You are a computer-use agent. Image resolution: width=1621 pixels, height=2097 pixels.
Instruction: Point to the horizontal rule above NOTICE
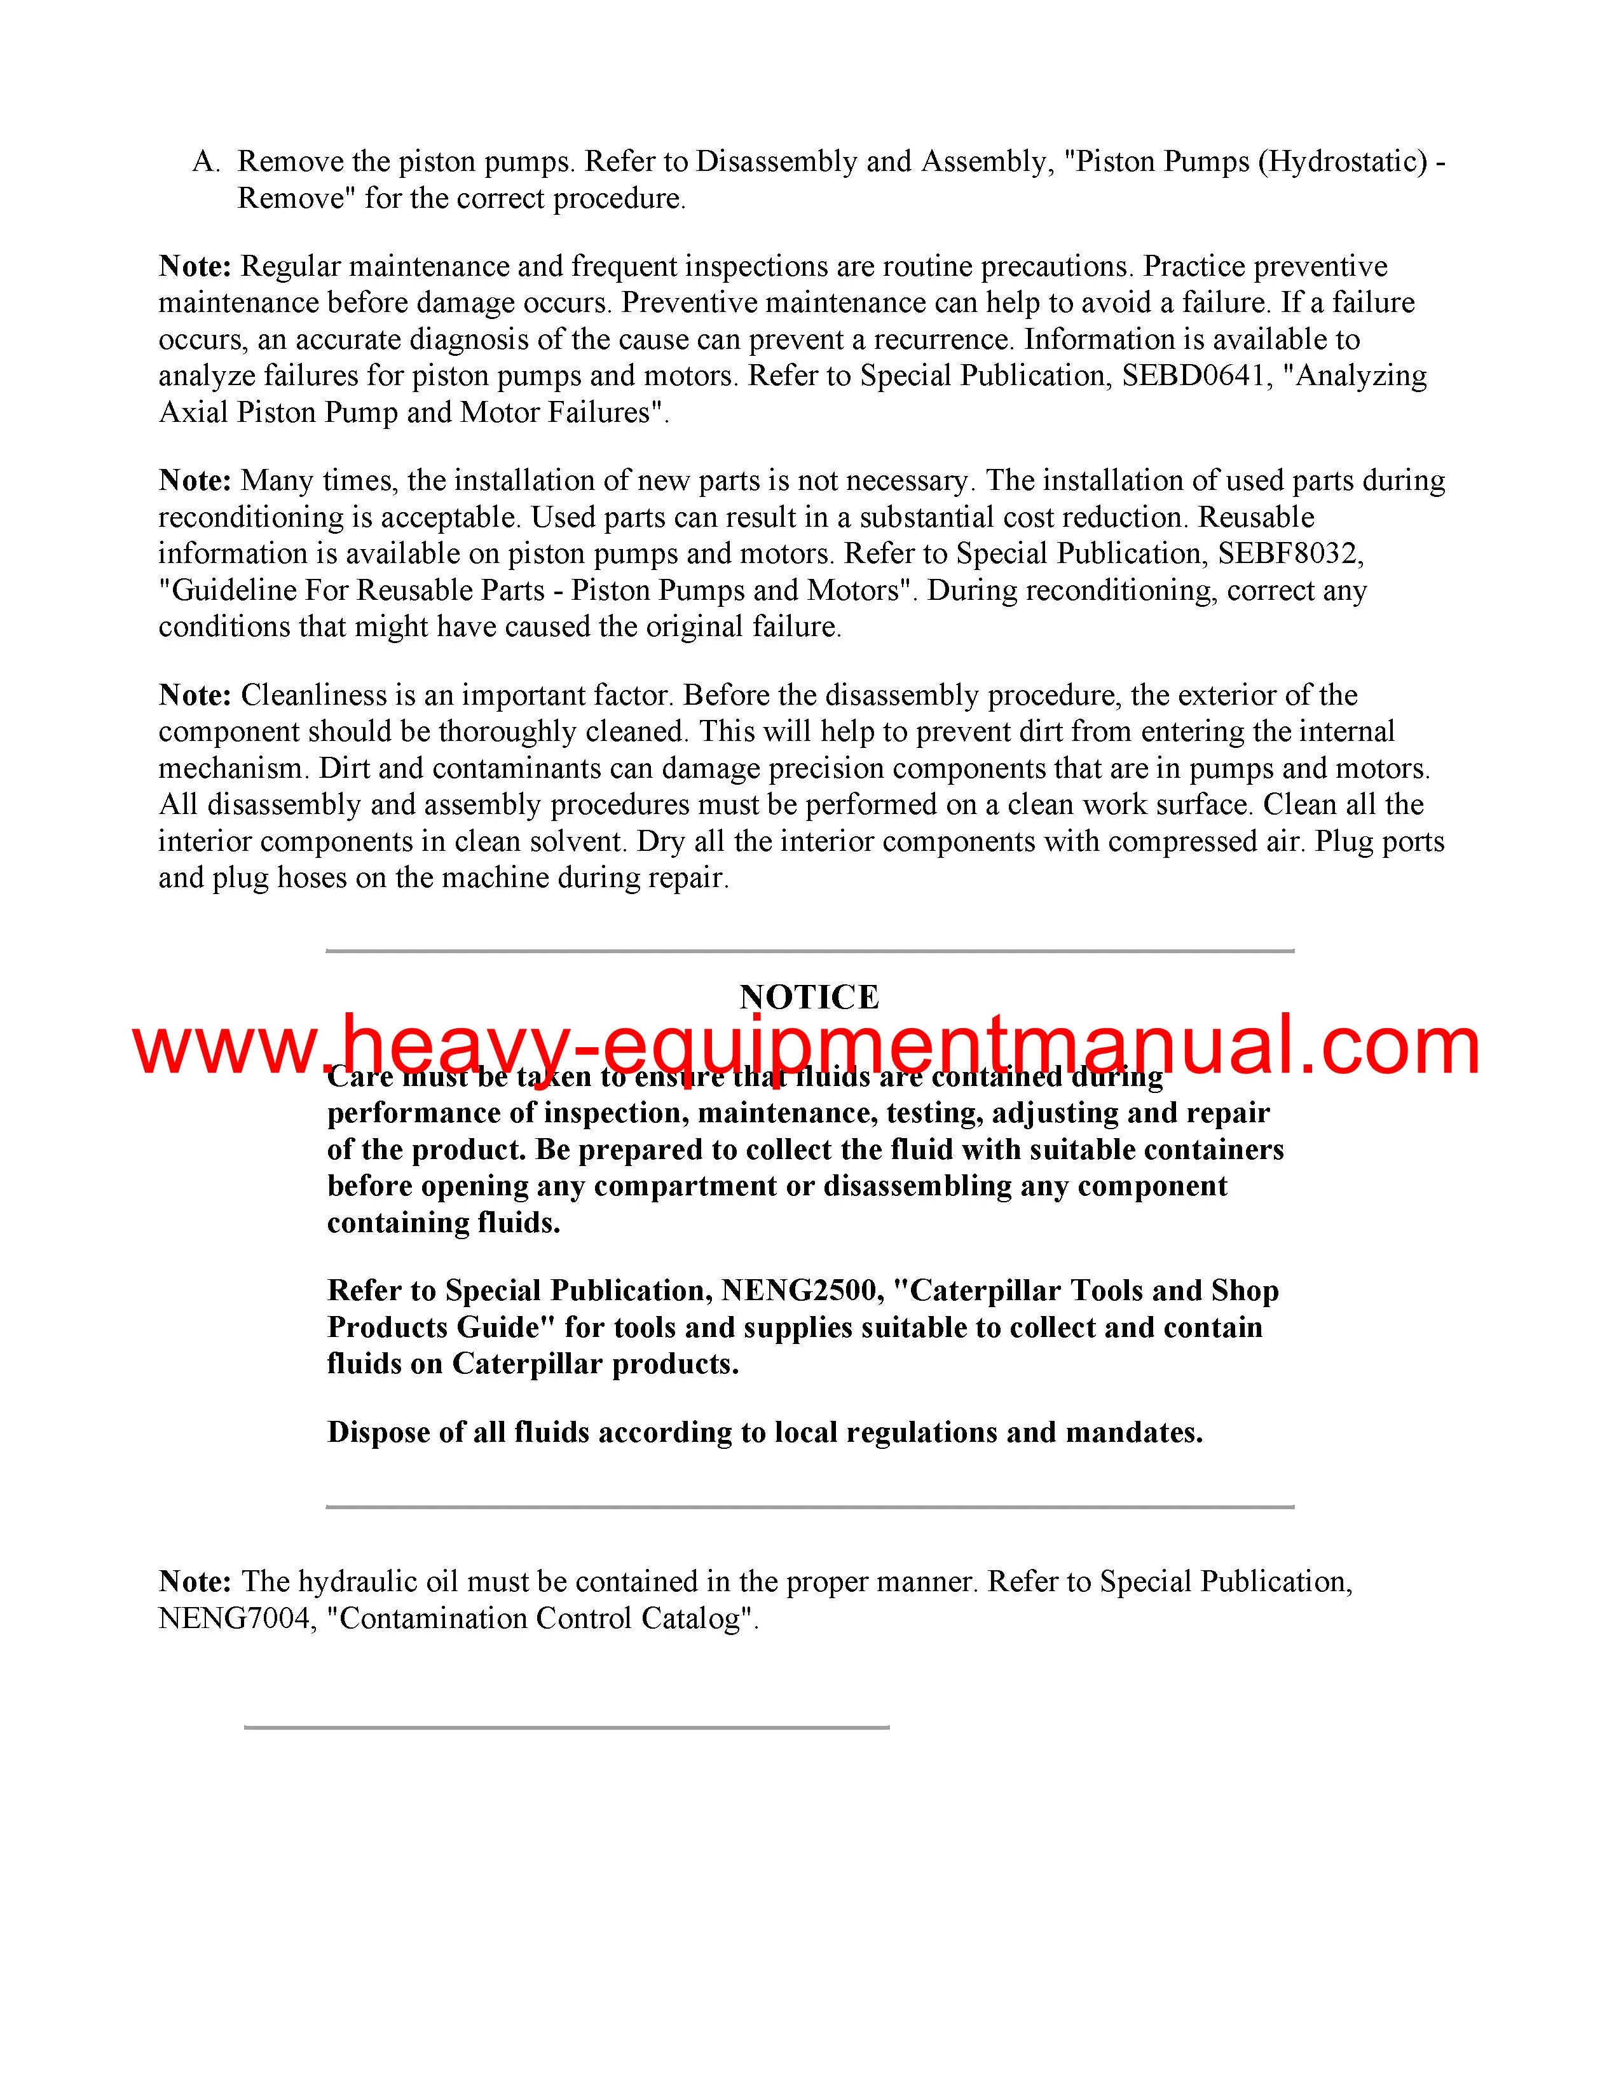pos(809,951)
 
